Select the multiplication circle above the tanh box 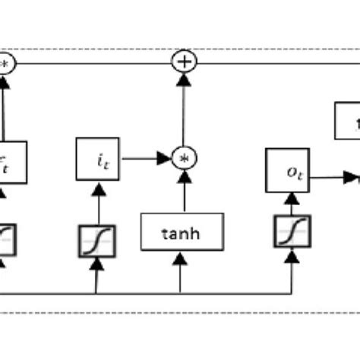click(x=182, y=158)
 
